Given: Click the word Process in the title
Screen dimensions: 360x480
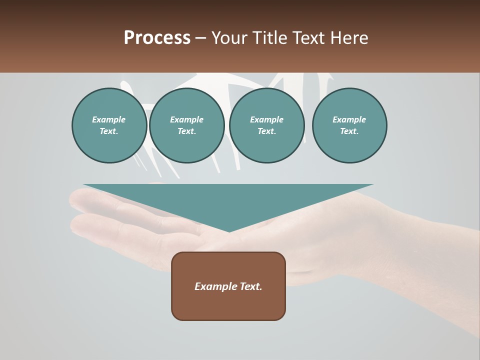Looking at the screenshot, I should pyautogui.click(x=157, y=38).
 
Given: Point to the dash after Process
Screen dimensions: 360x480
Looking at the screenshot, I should pyautogui.click(x=200, y=38).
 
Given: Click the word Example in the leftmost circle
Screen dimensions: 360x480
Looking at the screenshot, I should pyautogui.click(x=109, y=119).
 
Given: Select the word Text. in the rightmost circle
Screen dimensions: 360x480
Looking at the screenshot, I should pyautogui.click(x=349, y=131).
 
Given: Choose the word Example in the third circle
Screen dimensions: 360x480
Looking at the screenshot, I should pyautogui.click(x=267, y=119).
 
